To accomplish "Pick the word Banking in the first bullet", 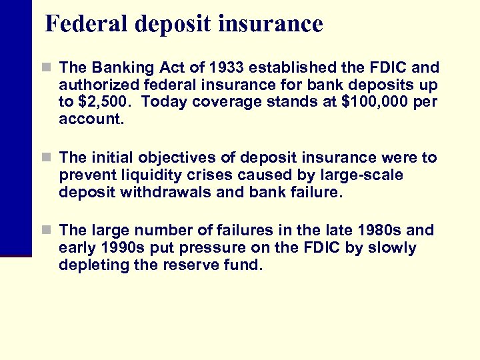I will pos(117,68).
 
